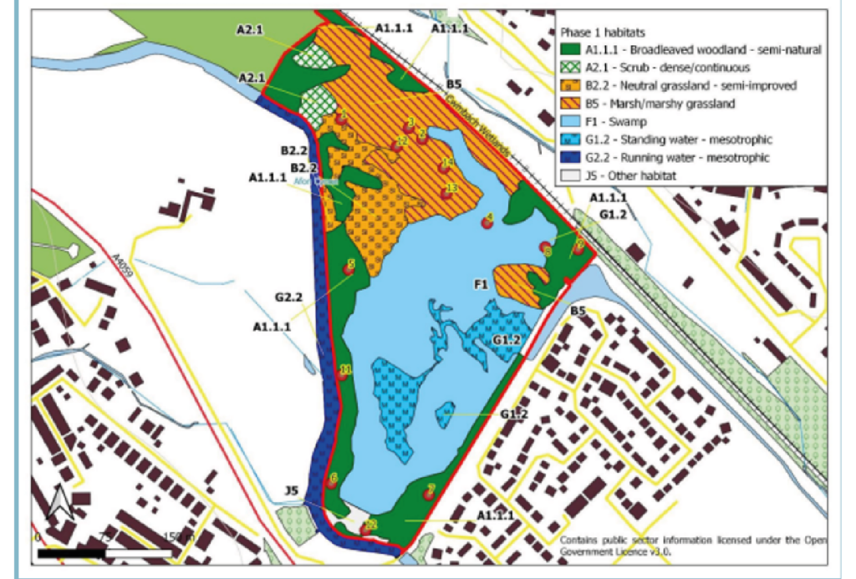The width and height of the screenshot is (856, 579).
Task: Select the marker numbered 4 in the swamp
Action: [487, 222]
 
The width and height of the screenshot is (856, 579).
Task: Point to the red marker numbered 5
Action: [349, 268]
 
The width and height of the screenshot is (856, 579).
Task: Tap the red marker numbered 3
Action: [408, 126]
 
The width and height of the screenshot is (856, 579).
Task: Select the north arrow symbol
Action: [59, 500]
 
